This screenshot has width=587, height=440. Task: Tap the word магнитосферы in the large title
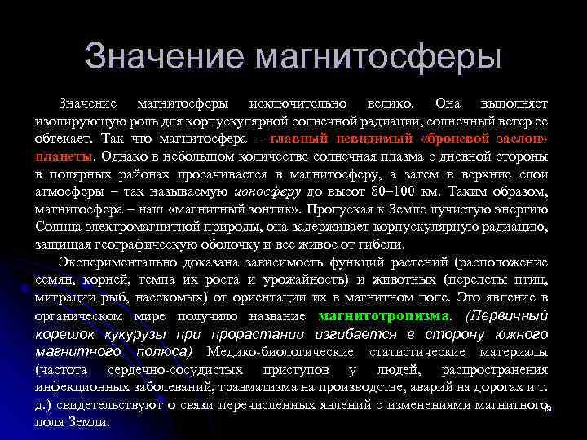click(378, 57)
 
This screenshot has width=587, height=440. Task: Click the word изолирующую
click(74, 121)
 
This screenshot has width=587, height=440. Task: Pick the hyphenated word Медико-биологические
click(281, 351)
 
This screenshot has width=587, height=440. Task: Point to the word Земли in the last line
click(89, 422)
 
